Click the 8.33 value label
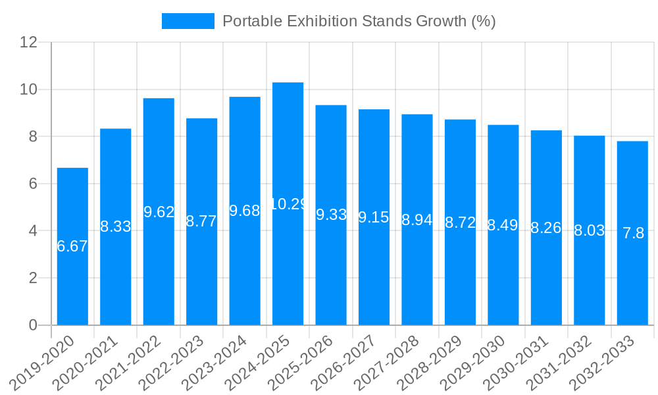[x=116, y=226]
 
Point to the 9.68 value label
[x=245, y=211]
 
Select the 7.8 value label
[x=633, y=233]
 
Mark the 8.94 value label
[x=417, y=220]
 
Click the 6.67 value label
[x=72, y=246]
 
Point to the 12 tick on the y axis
[x=29, y=42]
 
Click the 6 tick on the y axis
[x=33, y=184]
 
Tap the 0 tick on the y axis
[x=33, y=325]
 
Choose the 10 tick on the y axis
[x=29, y=90]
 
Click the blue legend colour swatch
[x=188, y=21]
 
